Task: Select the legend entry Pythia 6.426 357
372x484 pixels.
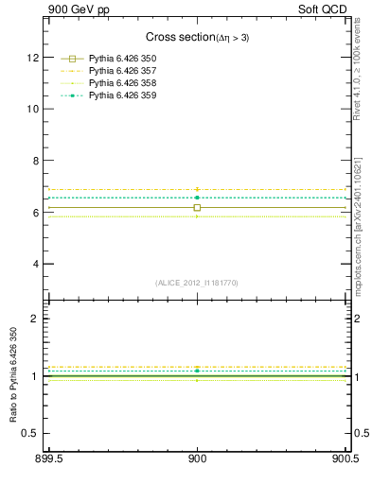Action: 120,72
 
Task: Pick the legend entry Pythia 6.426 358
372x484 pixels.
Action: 120,84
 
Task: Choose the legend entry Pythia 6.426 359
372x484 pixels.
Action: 120,95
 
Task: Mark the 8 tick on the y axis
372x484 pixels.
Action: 35,161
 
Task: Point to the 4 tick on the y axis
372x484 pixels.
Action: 35,264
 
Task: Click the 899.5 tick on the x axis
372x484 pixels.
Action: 48,460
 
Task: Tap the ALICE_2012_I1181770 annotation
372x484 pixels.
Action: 197,283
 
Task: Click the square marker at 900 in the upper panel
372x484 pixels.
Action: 197,207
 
